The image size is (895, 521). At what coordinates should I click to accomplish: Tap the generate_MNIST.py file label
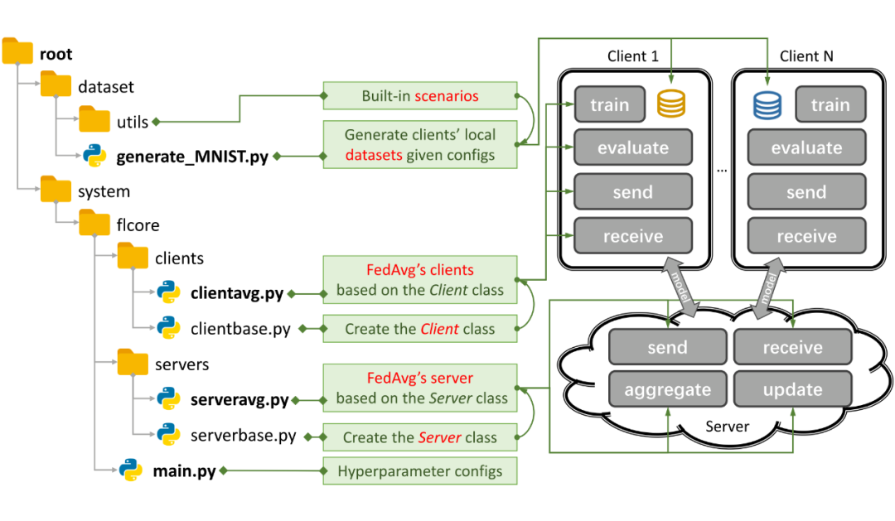pyautogui.click(x=191, y=156)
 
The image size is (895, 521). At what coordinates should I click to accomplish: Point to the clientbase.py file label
pyautogui.click(x=240, y=329)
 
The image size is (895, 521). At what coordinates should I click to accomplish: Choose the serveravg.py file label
pyautogui.click(x=239, y=400)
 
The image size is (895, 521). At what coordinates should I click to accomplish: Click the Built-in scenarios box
pyautogui.click(x=419, y=96)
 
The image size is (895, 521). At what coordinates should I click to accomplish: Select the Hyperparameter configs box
pyautogui.click(x=419, y=471)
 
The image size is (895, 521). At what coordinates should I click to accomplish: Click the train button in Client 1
pyautogui.click(x=609, y=105)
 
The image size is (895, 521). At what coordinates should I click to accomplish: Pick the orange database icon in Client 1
pyautogui.click(x=670, y=104)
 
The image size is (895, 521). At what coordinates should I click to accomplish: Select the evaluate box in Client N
pyautogui.click(x=806, y=148)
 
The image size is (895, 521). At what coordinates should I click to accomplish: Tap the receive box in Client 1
pyautogui.click(x=633, y=236)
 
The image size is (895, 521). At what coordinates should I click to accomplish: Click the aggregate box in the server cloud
pyautogui.click(x=667, y=389)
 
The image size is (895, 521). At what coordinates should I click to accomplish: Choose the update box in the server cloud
pyautogui.click(x=792, y=389)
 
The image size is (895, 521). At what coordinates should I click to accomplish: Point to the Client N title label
pyautogui.click(x=806, y=56)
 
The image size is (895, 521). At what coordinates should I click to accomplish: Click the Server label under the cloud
pyautogui.click(x=727, y=427)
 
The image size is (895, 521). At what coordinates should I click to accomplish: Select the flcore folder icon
pyautogui.click(x=95, y=224)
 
